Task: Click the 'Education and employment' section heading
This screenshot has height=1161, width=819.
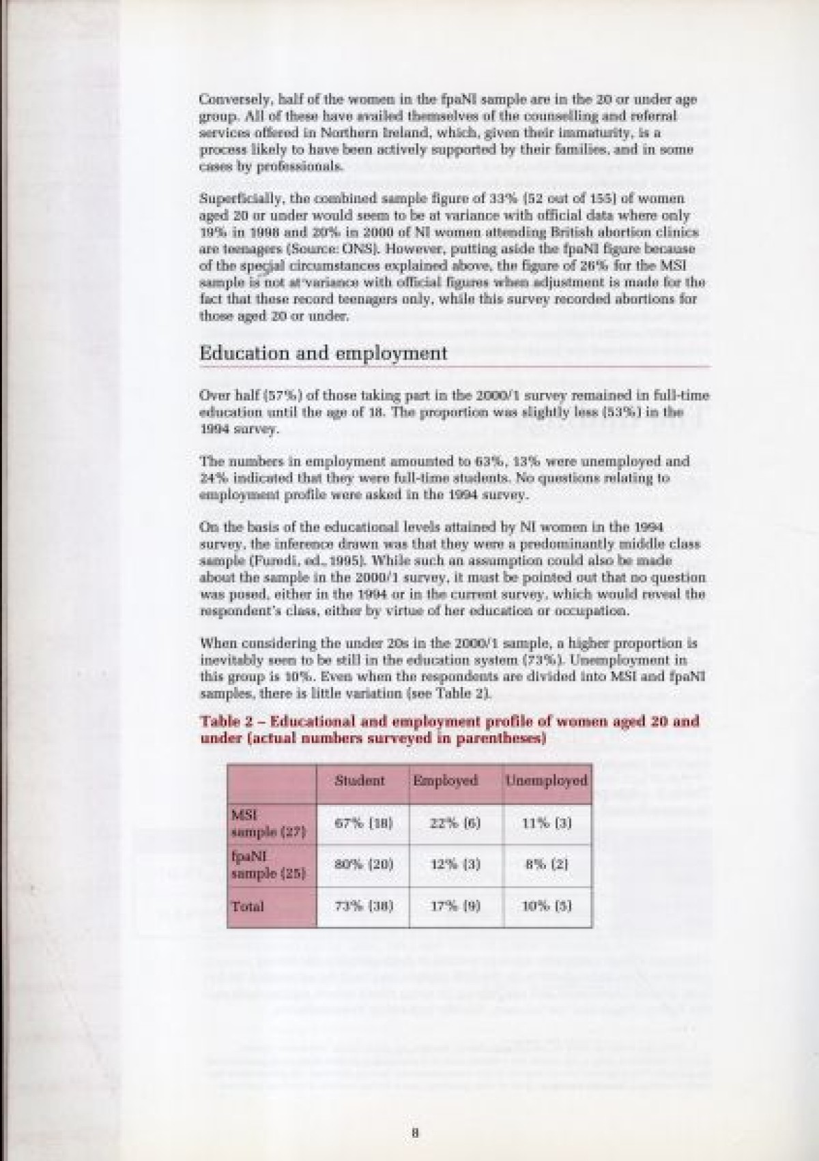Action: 323,353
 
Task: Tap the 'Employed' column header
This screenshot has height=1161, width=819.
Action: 445,780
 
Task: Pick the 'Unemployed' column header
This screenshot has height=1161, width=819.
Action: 546,780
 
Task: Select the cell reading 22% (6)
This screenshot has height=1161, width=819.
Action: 455,823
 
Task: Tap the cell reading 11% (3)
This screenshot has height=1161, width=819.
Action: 547,823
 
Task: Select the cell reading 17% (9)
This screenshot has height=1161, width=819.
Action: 455,907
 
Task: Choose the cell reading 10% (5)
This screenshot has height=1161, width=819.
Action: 547,907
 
